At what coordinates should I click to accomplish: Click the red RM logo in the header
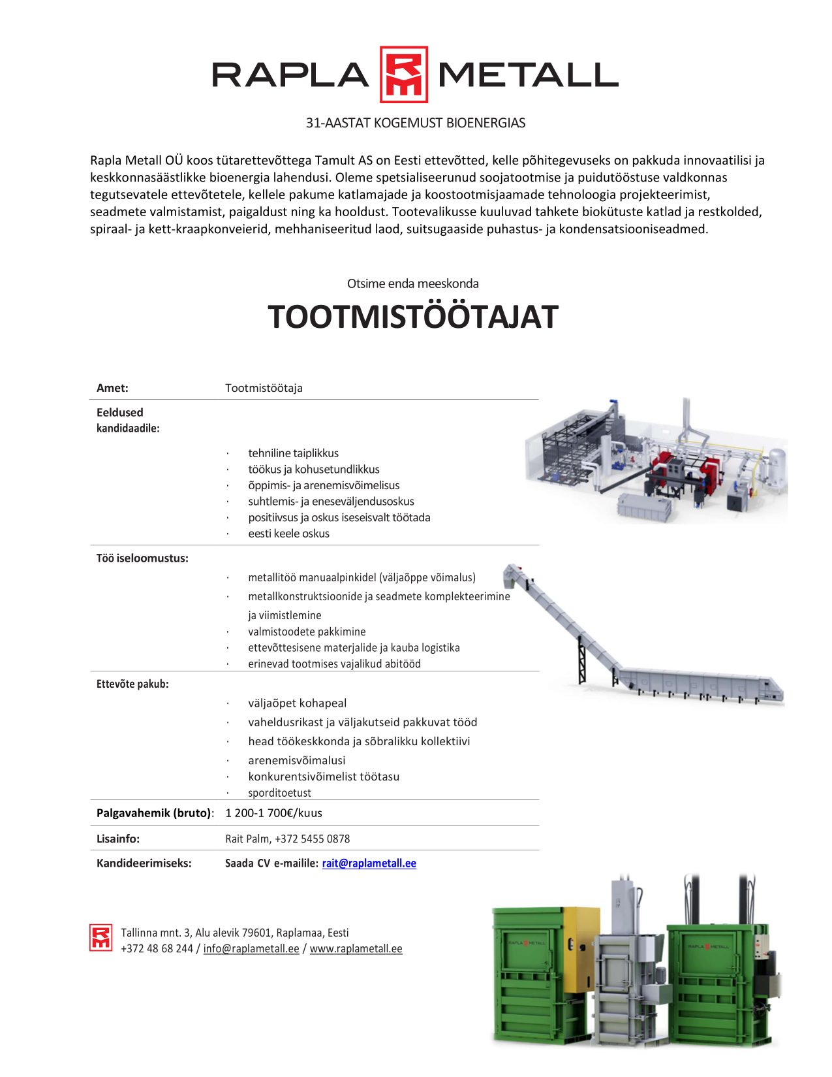[x=404, y=74]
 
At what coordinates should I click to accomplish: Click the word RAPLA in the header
[x=290, y=75]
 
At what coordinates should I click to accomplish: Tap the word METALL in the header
[x=528, y=75]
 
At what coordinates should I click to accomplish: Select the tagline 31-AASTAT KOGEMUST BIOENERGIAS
[x=416, y=123]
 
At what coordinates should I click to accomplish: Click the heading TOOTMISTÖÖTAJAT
[x=413, y=317]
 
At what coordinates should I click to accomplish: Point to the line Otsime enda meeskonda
[x=413, y=283]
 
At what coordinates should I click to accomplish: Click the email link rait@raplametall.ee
[x=369, y=863]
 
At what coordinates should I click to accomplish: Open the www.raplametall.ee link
[x=356, y=948]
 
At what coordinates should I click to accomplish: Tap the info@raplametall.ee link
[x=251, y=948]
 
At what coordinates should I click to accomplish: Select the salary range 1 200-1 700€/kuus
[x=273, y=813]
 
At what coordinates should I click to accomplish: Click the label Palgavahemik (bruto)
[x=155, y=813]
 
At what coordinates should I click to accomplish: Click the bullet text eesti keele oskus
[x=288, y=534]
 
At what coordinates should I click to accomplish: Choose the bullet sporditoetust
[x=279, y=793]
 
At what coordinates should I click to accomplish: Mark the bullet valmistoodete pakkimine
[x=307, y=632]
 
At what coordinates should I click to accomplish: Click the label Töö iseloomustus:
[x=142, y=558]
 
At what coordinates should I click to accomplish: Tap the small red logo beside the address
[x=101, y=938]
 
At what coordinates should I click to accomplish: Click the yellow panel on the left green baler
[x=581, y=947]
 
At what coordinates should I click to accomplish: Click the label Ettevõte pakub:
[x=132, y=684]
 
